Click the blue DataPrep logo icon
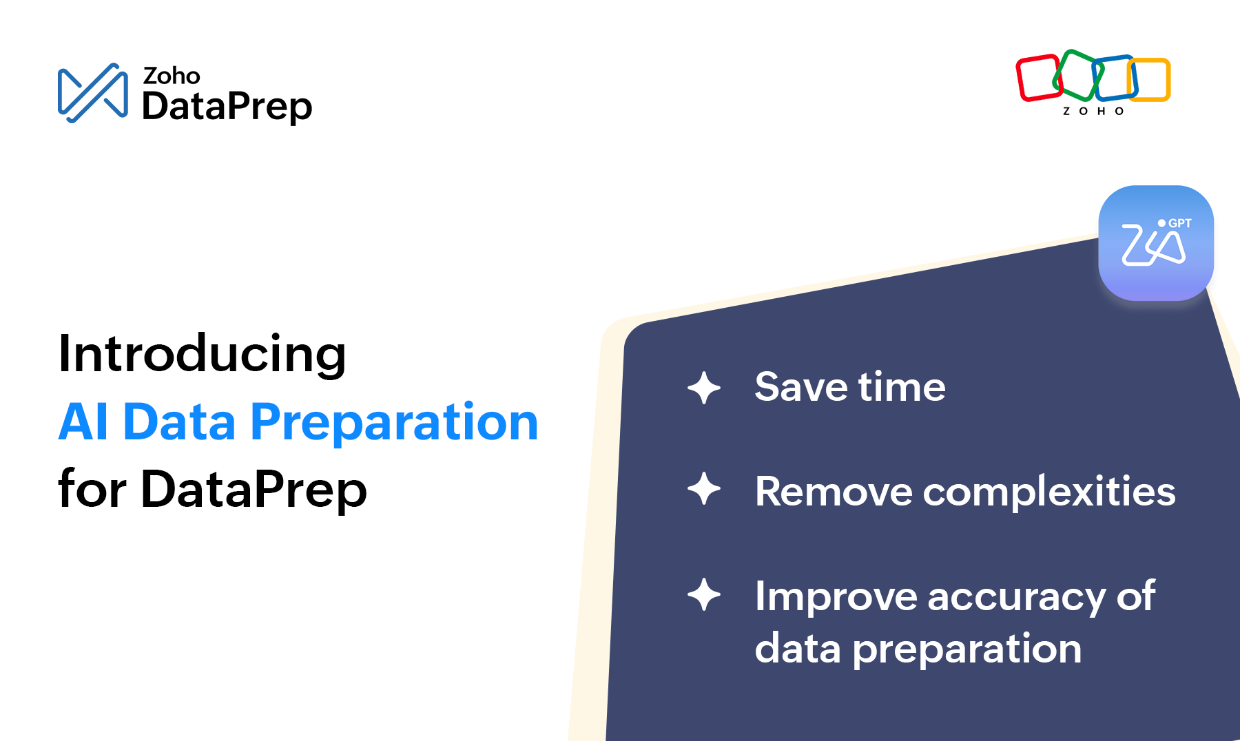(x=92, y=93)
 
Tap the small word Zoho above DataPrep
(x=172, y=75)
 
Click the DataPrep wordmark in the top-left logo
(x=227, y=106)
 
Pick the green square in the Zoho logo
(x=1077, y=75)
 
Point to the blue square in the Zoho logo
(x=1115, y=78)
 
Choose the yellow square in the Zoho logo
(x=1149, y=80)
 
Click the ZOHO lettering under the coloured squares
(x=1093, y=111)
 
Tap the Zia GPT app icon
(x=1156, y=243)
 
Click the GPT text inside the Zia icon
(x=1180, y=223)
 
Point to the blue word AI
(x=83, y=421)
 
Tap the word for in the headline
(x=92, y=488)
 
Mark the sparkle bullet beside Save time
(x=704, y=388)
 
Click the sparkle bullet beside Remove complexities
(x=704, y=489)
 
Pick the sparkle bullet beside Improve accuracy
(x=704, y=594)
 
